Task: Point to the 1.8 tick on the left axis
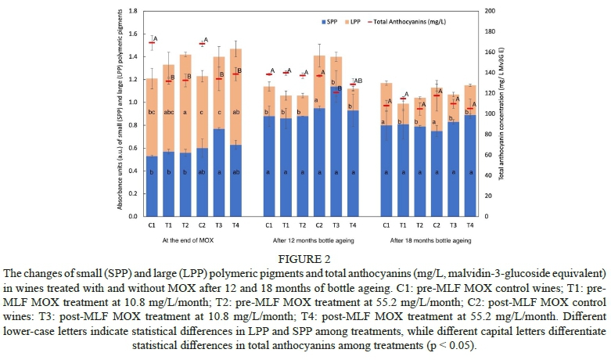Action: pos(132,11)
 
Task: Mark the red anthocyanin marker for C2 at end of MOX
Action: pos(203,44)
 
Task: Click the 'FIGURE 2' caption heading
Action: pos(304,257)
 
